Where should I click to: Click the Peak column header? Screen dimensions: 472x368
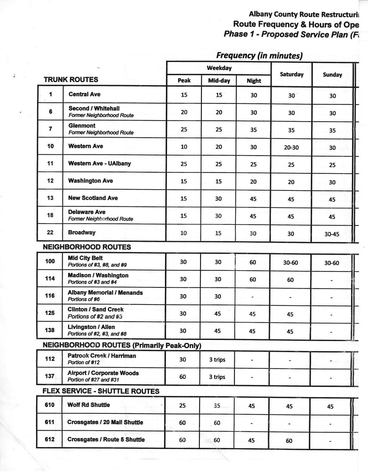(x=184, y=80)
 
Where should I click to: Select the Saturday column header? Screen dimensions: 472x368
(x=291, y=74)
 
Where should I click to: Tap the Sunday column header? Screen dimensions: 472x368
(x=332, y=75)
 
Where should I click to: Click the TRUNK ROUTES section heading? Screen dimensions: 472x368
(x=71, y=80)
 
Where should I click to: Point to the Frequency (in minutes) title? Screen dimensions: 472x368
(x=259, y=55)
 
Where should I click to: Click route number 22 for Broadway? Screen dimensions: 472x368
(x=50, y=232)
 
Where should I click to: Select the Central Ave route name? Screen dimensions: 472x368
(x=84, y=94)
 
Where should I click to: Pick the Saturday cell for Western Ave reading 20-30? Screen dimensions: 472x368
(x=291, y=147)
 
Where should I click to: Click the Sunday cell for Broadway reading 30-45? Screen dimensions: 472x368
(x=332, y=234)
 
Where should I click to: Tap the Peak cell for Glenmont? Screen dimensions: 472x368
(x=184, y=130)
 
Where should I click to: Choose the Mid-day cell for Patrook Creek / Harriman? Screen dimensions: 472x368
(x=217, y=360)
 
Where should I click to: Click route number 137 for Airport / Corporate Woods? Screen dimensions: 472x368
(x=49, y=376)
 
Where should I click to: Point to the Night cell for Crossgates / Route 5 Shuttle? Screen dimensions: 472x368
(x=251, y=440)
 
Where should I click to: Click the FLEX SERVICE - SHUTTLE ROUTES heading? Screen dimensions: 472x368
(x=101, y=391)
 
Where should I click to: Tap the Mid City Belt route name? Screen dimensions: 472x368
(x=85, y=258)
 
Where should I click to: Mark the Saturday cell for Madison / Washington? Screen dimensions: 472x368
(x=290, y=280)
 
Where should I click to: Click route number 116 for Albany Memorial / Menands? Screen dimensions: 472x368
(x=50, y=296)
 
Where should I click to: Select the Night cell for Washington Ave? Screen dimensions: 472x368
(x=253, y=182)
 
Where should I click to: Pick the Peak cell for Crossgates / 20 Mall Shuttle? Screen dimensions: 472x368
(x=182, y=423)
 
